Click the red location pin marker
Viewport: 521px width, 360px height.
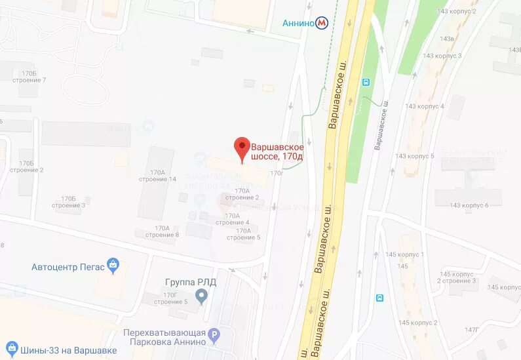242,149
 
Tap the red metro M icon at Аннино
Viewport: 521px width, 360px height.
322,23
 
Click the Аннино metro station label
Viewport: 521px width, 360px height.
298,23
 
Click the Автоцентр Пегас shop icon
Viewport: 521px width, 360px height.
113,266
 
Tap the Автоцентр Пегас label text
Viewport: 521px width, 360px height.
68,267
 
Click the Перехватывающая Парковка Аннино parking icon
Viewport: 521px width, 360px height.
214,338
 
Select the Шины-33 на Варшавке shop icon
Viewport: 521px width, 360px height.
11,348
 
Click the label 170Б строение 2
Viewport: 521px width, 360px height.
26,167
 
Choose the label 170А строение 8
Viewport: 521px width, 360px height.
162,231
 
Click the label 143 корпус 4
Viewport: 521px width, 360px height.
424,106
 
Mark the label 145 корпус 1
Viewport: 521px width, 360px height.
405,254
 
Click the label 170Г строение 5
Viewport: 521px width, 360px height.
170,298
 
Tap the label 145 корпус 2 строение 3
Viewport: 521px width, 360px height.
458,277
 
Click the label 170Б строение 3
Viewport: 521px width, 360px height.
73,201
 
